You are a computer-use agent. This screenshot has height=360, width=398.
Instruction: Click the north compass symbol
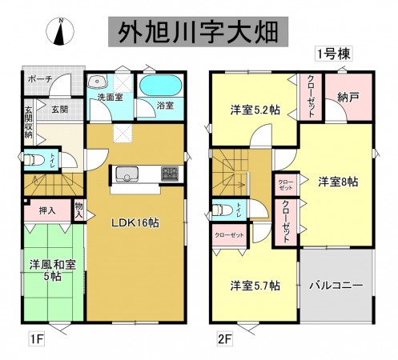click(x=62, y=30)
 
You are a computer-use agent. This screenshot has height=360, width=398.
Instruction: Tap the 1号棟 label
click(x=332, y=54)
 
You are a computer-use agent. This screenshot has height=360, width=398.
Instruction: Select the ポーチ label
click(x=40, y=80)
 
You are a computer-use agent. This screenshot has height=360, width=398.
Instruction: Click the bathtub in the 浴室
click(x=162, y=86)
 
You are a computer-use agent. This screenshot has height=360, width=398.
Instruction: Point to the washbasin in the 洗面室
click(x=100, y=82)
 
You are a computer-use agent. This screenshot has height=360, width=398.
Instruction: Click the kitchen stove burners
click(x=171, y=172)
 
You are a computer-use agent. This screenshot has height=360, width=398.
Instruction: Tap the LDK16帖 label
click(x=134, y=222)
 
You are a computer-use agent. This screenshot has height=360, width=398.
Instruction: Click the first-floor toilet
click(x=31, y=160)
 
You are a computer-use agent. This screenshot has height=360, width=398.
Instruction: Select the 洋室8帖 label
click(x=336, y=181)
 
